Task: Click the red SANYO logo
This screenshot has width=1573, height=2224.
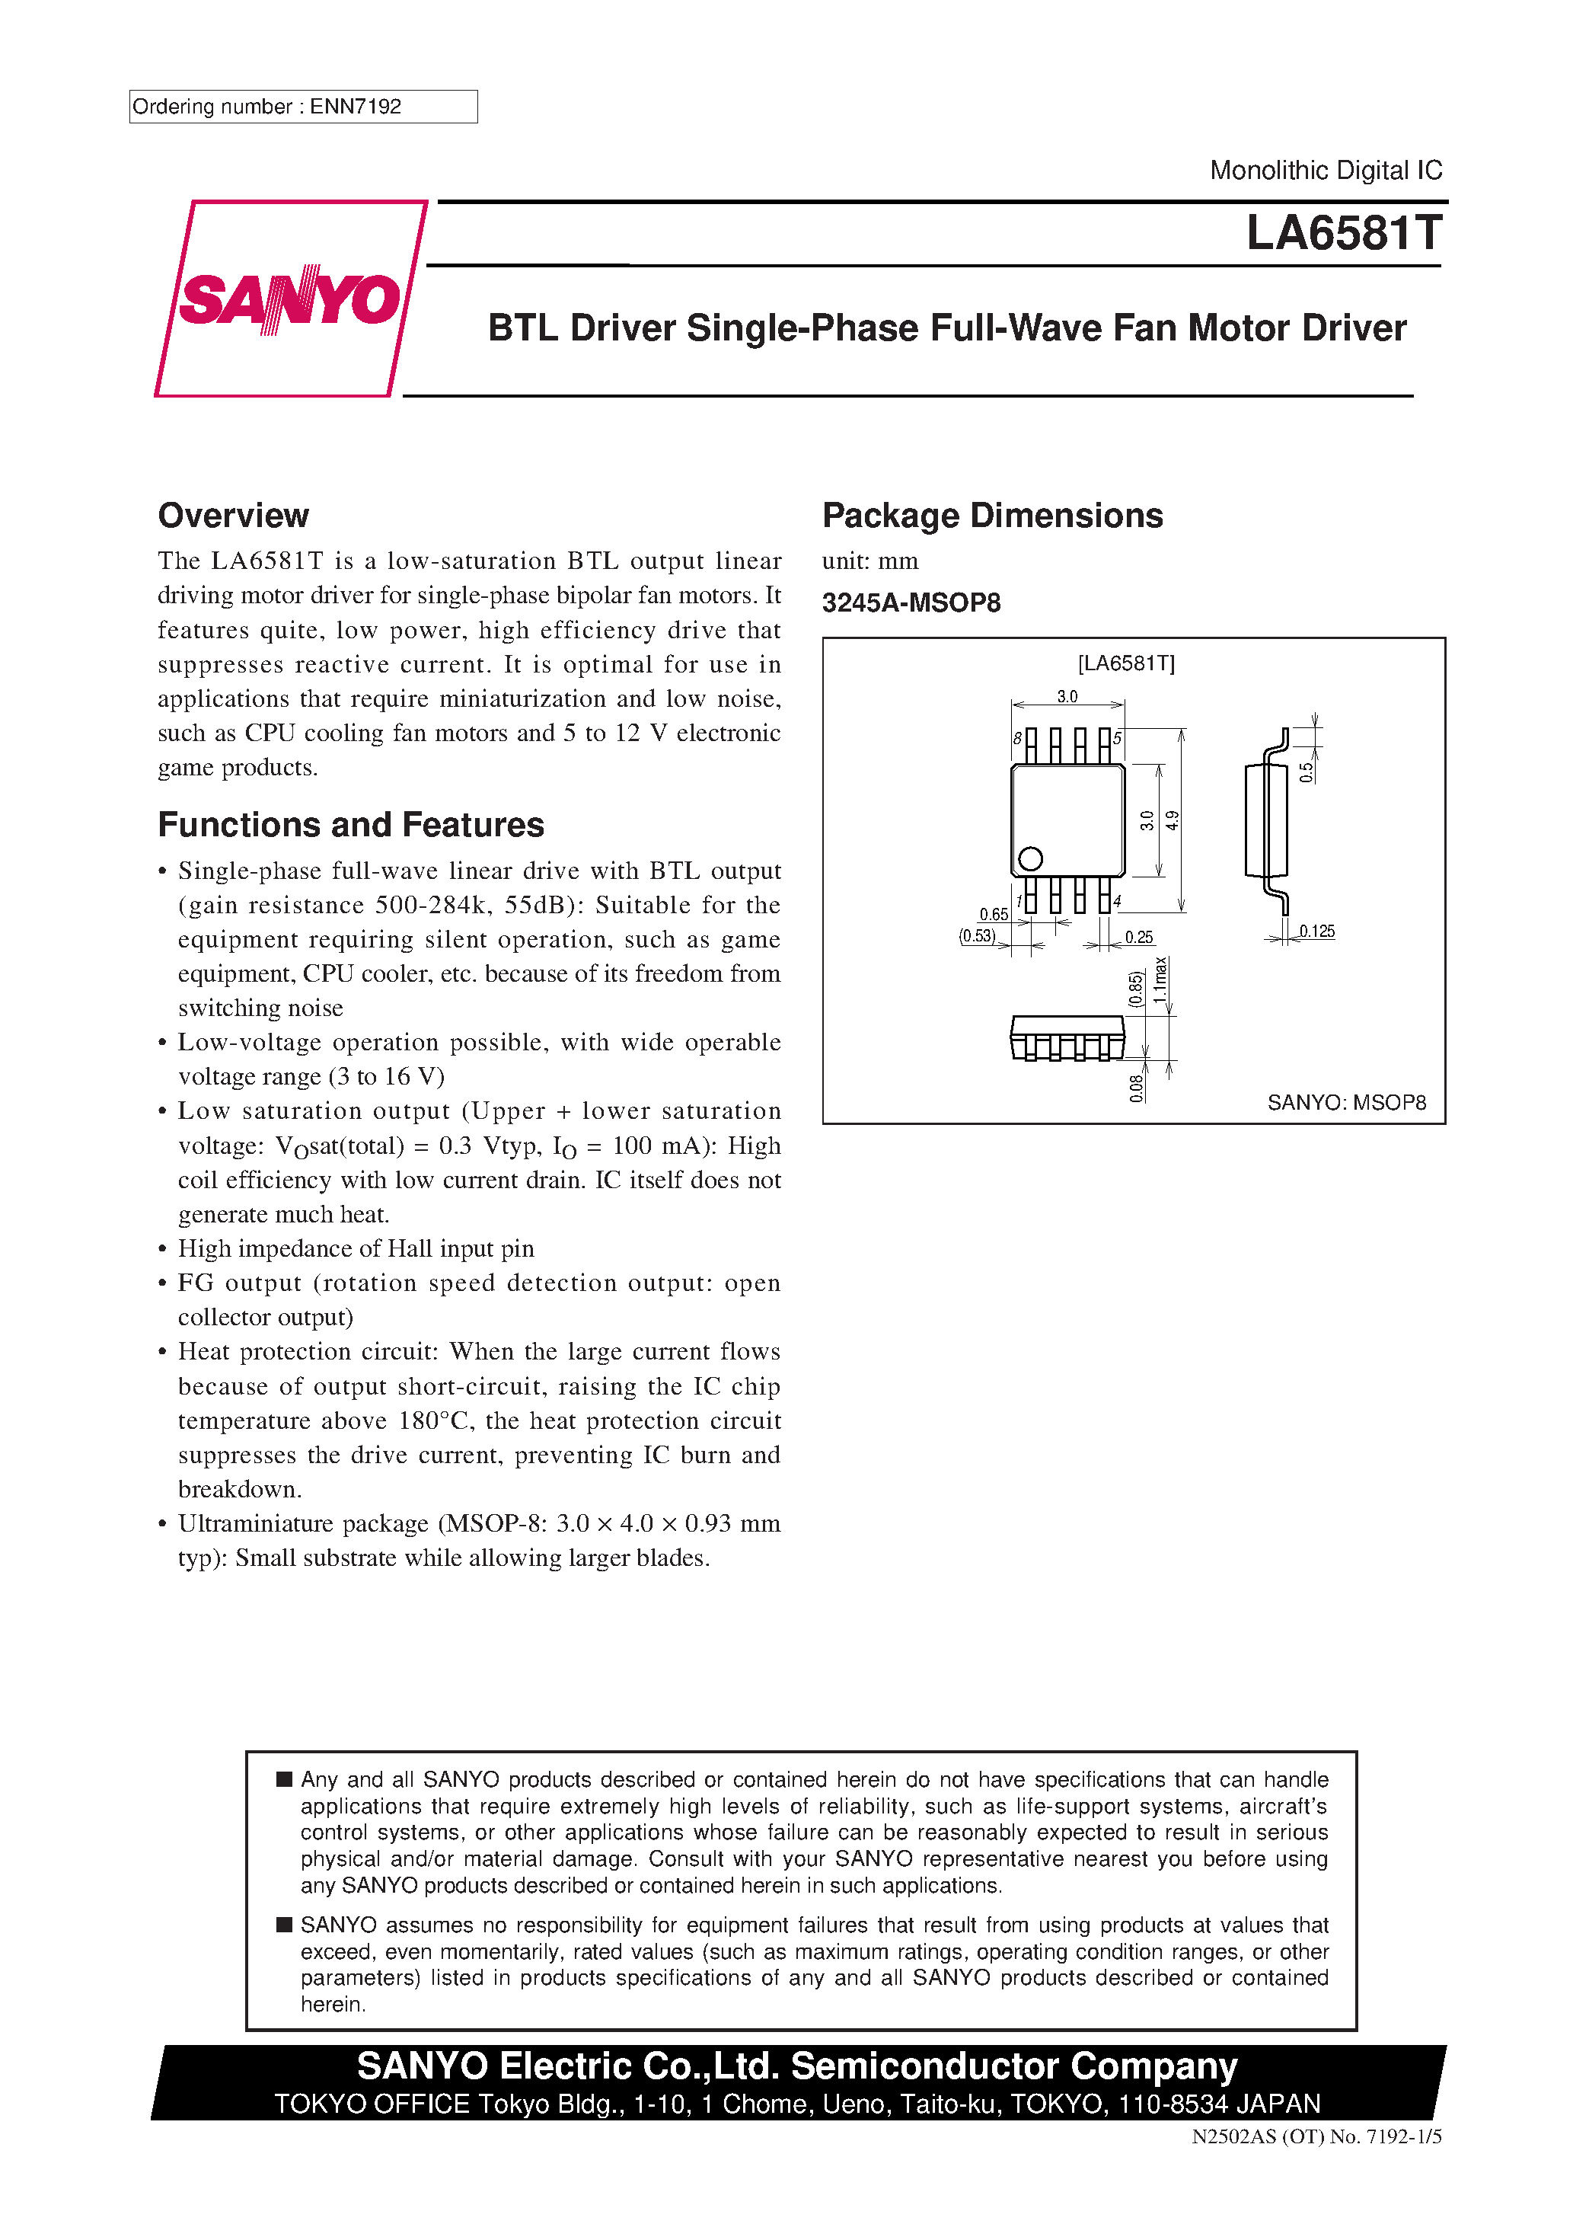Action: click(x=289, y=299)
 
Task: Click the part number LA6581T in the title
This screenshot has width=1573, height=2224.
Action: click(x=1343, y=233)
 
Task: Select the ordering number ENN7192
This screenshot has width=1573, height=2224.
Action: click(x=355, y=107)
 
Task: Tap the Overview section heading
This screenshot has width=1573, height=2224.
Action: click(x=234, y=516)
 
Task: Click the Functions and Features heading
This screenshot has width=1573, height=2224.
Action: click(x=351, y=824)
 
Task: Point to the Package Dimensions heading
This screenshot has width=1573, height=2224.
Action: click(x=992, y=516)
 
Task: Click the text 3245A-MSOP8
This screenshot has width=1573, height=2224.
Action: click(x=911, y=602)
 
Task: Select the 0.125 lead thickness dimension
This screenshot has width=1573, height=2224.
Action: click(x=1316, y=931)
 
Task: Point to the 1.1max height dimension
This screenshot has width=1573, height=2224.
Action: click(x=1160, y=980)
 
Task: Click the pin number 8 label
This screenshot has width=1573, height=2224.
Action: click(x=1017, y=738)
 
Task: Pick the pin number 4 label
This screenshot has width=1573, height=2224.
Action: click(x=1117, y=902)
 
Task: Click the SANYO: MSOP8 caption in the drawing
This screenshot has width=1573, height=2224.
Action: click(x=1345, y=1102)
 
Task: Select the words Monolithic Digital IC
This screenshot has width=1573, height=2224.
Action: click(x=1325, y=171)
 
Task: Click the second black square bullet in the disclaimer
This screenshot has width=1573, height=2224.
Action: click(x=284, y=1925)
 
